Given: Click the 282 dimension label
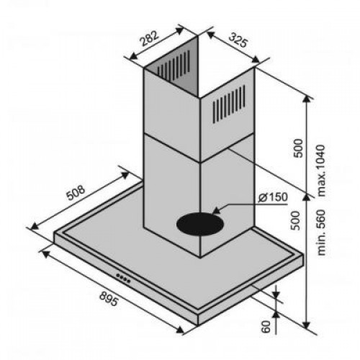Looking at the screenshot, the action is (x=150, y=38).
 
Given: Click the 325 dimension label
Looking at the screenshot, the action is (x=238, y=40).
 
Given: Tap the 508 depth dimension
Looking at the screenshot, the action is (x=76, y=192).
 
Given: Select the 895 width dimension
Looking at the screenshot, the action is (x=109, y=298).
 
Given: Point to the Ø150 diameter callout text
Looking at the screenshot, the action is (x=273, y=197).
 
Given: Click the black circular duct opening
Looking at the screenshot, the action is (x=200, y=225).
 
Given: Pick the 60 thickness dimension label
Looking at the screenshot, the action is (x=266, y=326).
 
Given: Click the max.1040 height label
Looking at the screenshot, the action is (x=320, y=170).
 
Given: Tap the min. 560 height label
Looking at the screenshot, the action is (x=320, y=233).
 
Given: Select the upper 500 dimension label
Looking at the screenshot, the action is (x=298, y=148).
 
